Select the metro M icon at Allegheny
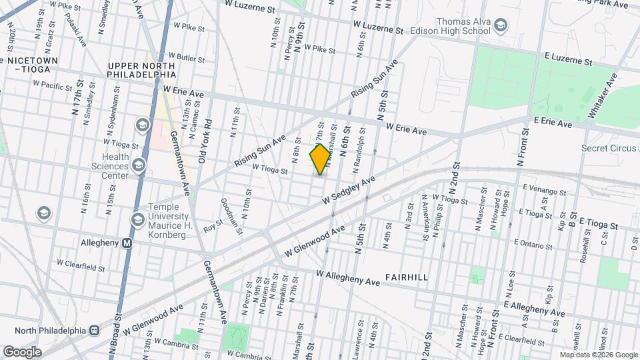(127, 243)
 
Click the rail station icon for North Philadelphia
(95, 331)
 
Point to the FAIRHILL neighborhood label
(407, 277)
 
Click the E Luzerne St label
(568, 60)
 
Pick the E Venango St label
(544, 191)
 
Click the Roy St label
(212, 227)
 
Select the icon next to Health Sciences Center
(139, 165)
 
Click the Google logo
(22, 351)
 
